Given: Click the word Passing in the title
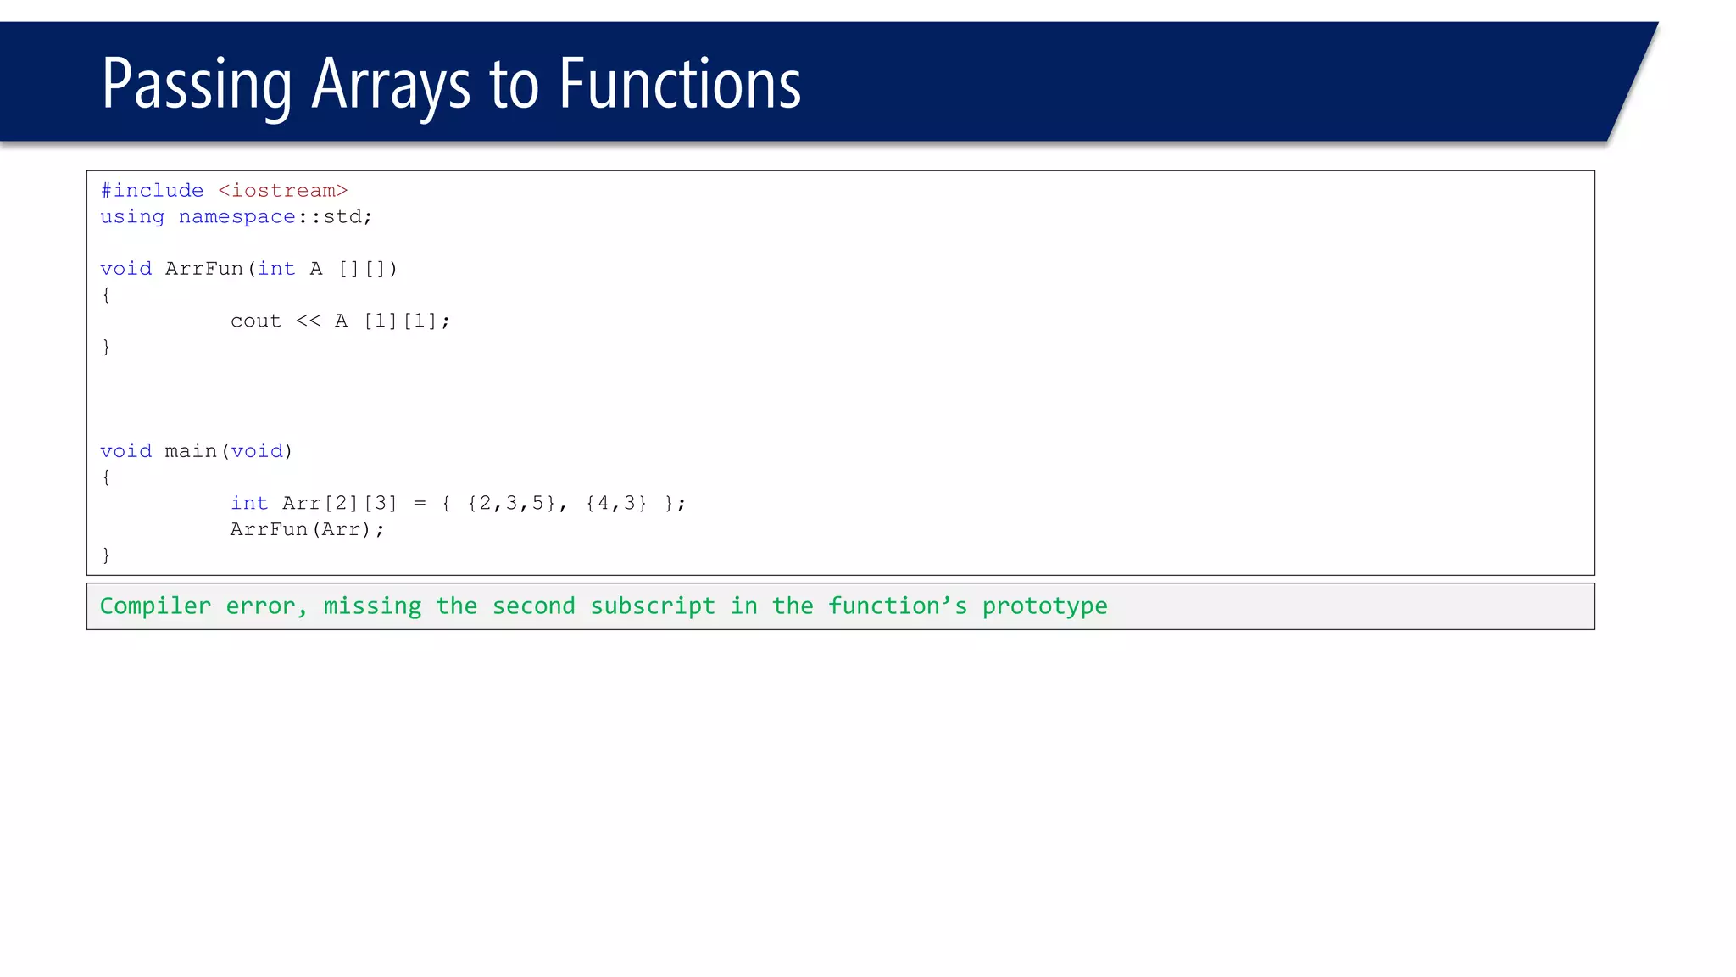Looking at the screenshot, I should pos(197,85).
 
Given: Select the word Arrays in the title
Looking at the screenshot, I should pos(391,85).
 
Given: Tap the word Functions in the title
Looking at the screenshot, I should pos(680,85).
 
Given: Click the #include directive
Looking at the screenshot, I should pos(152,191).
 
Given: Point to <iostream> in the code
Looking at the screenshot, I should pos(283,191).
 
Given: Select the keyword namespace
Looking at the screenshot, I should pos(237,217).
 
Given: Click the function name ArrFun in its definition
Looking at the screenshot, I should pos(204,269).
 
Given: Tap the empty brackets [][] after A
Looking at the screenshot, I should pos(367,269).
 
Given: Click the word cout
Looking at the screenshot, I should pos(255,321).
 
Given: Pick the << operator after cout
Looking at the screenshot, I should pos(309,321).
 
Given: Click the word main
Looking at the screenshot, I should pos(191,451).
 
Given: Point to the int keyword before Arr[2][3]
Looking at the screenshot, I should pos(249,504).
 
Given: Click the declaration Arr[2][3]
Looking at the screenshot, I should pos(339,504).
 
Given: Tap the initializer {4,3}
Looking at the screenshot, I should pos(616,504).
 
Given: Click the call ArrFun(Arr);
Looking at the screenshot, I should pos(307,530).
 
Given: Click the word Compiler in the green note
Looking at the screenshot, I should pos(155,606).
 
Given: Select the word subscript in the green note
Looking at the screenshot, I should pos(653,606).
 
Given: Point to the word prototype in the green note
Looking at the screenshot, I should pos(1044,606).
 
